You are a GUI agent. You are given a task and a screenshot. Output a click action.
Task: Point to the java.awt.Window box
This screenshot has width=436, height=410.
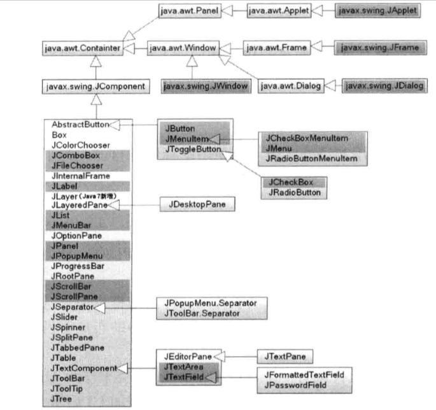(183, 48)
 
